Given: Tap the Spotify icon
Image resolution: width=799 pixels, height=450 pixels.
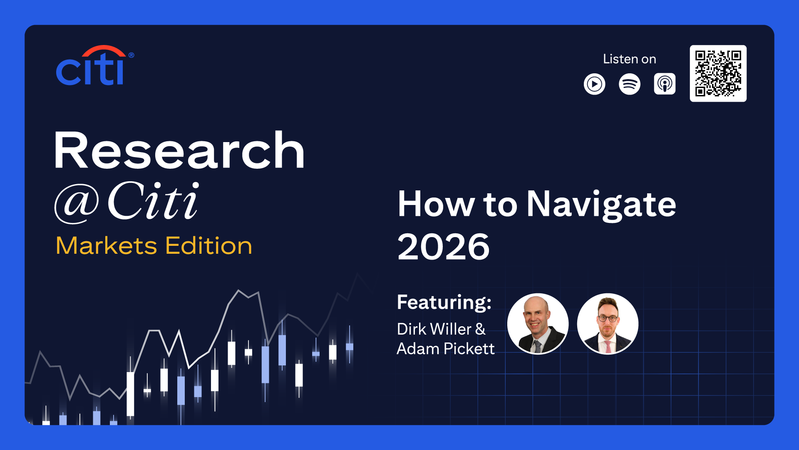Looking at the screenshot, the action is pos(630,84).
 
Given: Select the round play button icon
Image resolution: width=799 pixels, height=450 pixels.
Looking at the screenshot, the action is pos(595,84).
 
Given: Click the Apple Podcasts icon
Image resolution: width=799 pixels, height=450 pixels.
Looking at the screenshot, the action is pos(665,84).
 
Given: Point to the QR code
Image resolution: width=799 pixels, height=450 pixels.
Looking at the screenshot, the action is pos(718,73).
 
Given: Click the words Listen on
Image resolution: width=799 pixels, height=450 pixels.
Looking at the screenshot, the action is pos(630,59).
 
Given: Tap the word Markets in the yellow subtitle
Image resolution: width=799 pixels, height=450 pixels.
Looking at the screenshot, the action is pos(107,245).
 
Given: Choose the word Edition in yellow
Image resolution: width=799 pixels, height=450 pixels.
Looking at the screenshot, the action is pos(209,245).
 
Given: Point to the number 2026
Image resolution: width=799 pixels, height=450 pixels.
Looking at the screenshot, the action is pos(444,247).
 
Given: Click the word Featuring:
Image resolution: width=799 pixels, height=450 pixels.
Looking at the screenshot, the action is pos(444,302).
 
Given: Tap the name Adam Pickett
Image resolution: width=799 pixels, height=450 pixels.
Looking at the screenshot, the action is pos(446,349).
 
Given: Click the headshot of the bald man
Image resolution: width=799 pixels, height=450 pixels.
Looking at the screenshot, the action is pos(538,324).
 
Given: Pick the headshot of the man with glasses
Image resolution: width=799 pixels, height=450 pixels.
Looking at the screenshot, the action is pos(608,324).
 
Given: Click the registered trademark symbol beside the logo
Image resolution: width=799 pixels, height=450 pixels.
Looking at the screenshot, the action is pos(132,55).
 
